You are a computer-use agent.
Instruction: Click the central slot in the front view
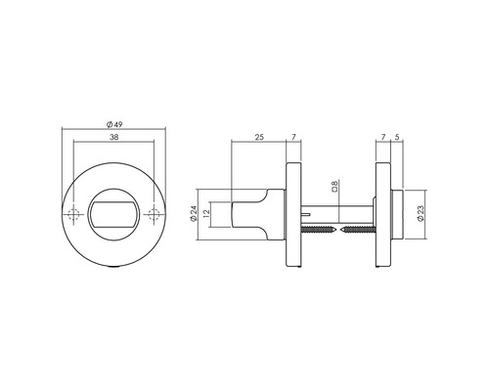(113, 215)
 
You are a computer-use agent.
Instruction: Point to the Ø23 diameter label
(419, 215)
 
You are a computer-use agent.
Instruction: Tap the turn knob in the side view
(256, 215)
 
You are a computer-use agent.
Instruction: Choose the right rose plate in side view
(381, 215)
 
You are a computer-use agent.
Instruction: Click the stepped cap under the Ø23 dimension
(394, 215)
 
